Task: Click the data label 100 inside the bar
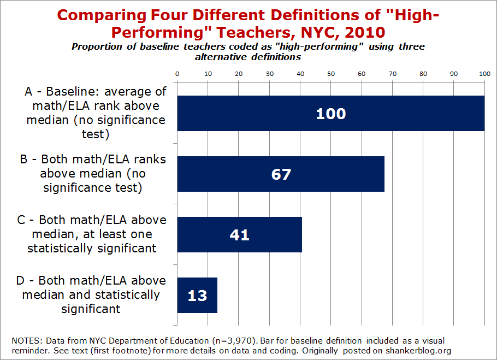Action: tap(331, 114)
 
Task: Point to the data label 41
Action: tap(239, 235)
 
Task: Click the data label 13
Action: tap(197, 296)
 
